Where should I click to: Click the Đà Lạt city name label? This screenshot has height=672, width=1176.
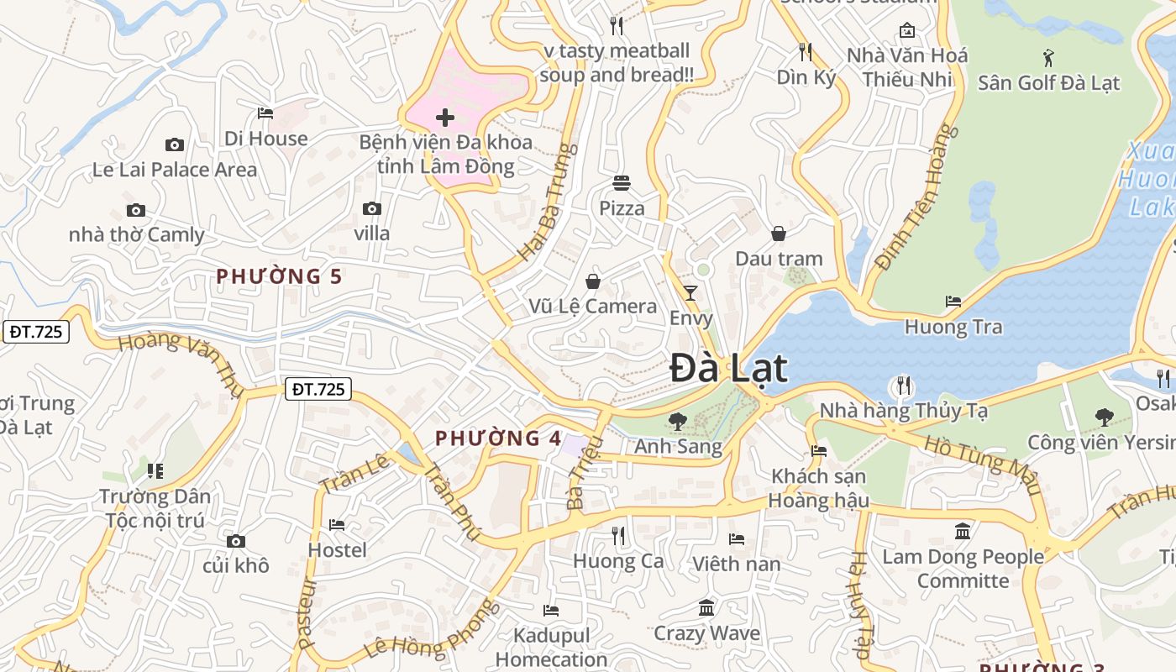coord(729,369)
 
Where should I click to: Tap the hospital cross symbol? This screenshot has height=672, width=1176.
coord(444,118)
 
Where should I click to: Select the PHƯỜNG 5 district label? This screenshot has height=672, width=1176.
coord(279,276)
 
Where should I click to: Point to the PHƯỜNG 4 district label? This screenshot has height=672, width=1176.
coord(498,438)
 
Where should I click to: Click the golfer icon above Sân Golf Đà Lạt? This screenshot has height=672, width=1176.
coord(1047,58)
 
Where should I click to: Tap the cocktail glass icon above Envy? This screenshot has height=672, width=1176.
coord(690,292)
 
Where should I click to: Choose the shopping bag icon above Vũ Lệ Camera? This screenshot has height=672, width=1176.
coord(593,281)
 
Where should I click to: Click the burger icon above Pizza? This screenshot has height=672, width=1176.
coord(622,182)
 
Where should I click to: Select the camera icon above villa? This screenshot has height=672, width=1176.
coord(371,208)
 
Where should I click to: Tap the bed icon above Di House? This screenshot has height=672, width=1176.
coord(265,113)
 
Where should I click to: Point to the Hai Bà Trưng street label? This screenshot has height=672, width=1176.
coord(548,202)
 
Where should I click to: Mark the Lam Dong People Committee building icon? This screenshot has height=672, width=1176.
coord(963,531)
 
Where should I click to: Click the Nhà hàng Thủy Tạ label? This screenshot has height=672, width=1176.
coord(903,411)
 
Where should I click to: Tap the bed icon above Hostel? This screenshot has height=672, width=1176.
coord(337,525)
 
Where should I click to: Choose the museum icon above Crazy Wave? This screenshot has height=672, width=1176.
coord(706,607)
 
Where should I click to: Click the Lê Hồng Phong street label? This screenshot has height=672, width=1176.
coord(431,630)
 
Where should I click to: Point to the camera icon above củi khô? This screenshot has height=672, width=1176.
coord(236,540)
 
